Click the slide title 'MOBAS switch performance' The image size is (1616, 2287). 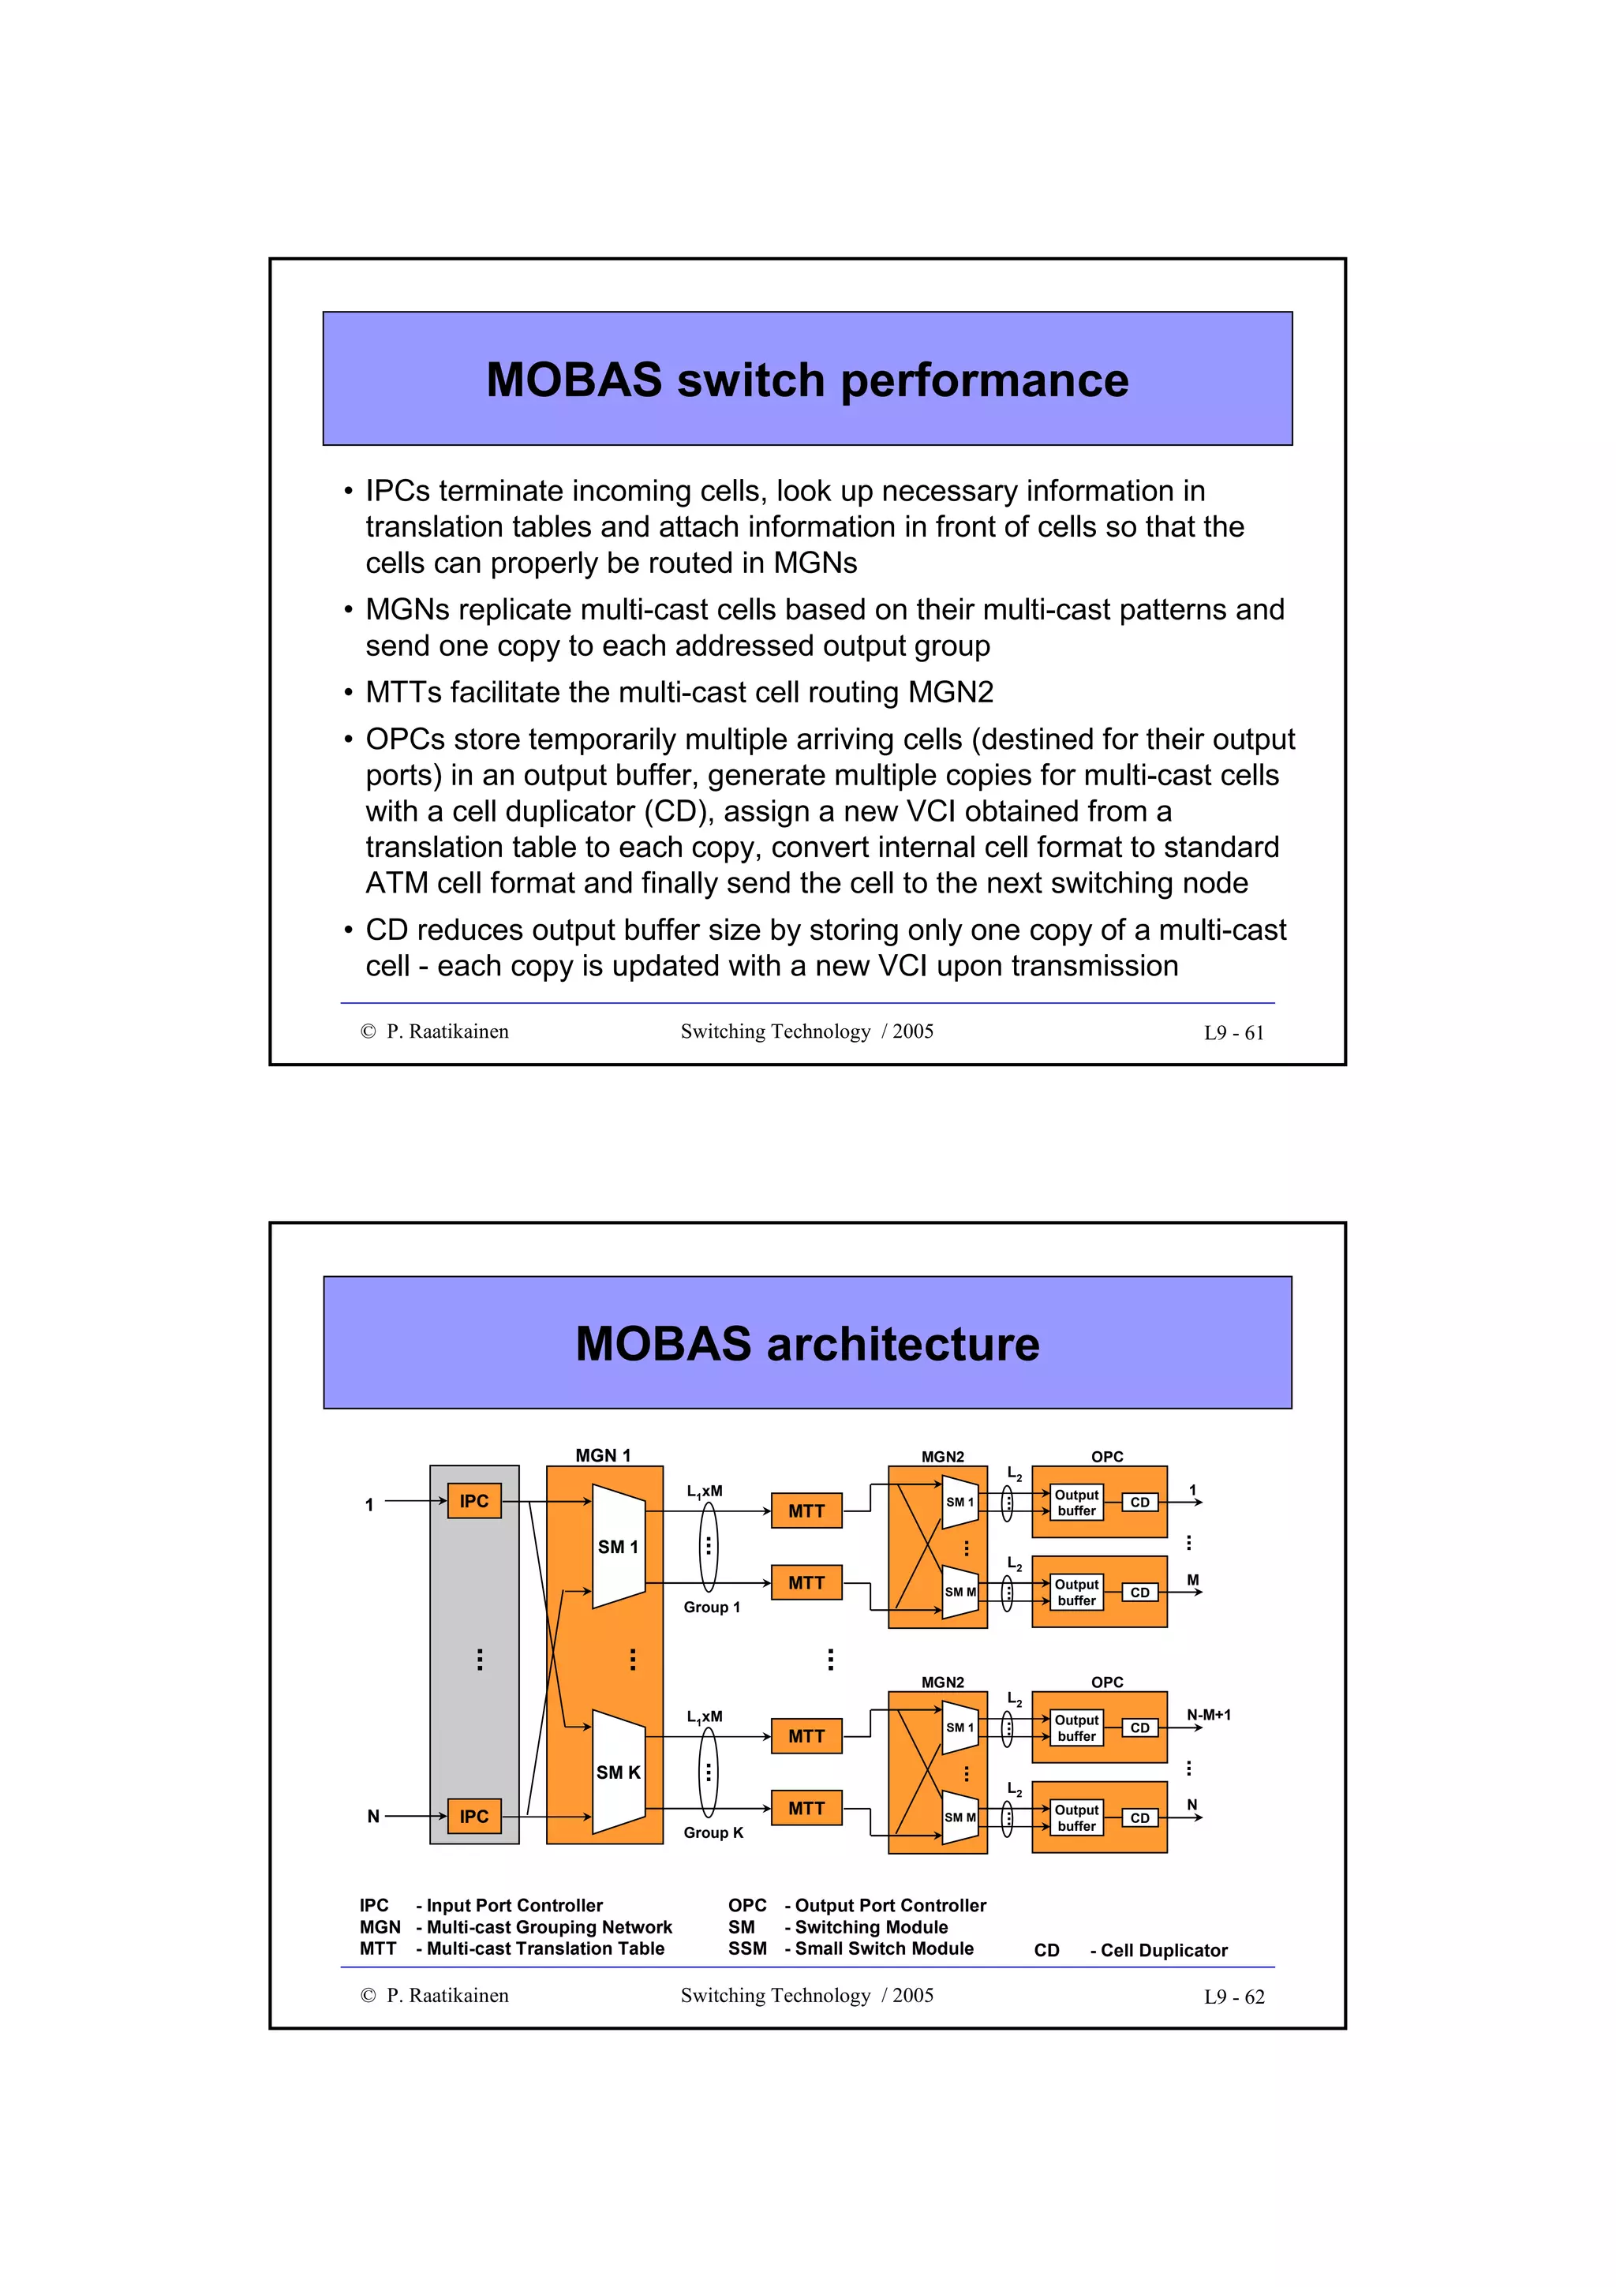(x=806, y=380)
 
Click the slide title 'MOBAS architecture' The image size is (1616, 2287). (x=806, y=1344)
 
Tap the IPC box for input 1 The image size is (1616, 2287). (x=474, y=1501)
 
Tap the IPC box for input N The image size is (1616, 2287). (x=474, y=1816)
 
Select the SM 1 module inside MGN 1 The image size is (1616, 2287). (x=617, y=1547)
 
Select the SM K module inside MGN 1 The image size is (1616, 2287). (x=617, y=1772)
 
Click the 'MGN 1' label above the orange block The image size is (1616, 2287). (x=602, y=1455)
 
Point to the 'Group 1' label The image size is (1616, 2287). (x=711, y=1607)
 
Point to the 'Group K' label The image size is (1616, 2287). (x=713, y=1832)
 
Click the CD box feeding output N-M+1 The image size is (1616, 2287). (x=1140, y=1727)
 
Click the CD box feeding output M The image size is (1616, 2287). (x=1140, y=1592)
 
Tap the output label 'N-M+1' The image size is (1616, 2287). (x=1208, y=1714)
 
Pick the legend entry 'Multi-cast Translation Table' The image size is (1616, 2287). (x=544, y=1948)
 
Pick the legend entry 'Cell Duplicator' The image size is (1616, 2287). (x=1163, y=1950)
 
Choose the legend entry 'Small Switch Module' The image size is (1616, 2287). (x=883, y=1948)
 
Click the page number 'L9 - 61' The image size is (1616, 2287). (x=1233, y=1033)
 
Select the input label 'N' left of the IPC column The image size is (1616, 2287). (x=373, y=1816)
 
